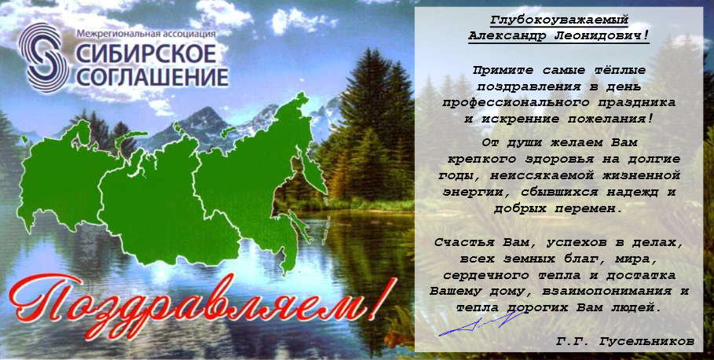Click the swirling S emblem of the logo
(44, 58)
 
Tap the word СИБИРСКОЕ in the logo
(145, 53)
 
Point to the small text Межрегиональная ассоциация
(146, 33)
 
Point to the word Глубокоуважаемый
(559, 20)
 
